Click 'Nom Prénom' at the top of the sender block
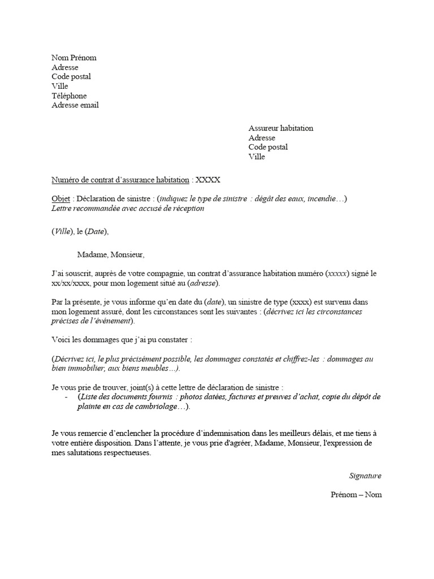tap(74, 58)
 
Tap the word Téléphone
tap(69, 96)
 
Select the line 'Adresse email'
tap(75, 105)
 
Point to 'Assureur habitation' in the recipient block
tap(281, 128)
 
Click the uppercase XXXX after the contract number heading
tap(208, 180)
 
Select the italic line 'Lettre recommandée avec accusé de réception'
tap(128, 208)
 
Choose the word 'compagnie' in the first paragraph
tap(162, 274)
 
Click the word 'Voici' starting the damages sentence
tap(61, 340)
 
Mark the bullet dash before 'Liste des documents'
tap(67, 397)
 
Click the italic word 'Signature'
tap(365, 476)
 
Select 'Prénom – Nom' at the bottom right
tap(356, 495)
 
